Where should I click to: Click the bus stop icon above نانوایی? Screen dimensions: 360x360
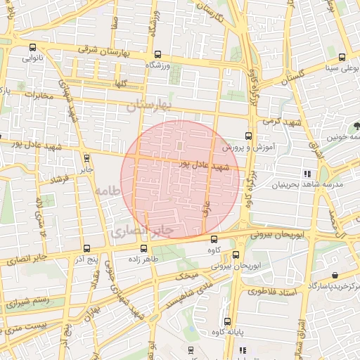[x=32, y=48]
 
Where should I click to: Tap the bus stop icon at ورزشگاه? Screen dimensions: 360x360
[x=157, y=54]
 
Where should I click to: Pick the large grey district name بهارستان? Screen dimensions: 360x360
[x=150, y=106]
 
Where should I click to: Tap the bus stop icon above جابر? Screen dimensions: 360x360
[x=86, y=158]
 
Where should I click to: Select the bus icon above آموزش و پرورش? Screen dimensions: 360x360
[x=247, y=136]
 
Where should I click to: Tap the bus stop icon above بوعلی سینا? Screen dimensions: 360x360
[x=342, y=58]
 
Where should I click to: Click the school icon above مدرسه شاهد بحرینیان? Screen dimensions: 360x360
[x=307, y=173]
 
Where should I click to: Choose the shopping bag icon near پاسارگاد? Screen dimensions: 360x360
[x=335, y=275]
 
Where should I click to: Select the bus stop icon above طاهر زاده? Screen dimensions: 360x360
[x=143, y=248]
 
